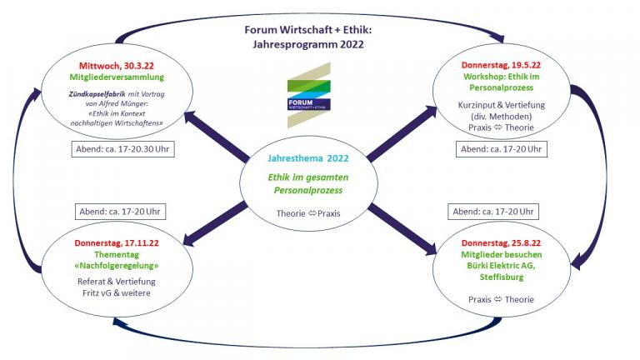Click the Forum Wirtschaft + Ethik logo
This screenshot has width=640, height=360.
coord(309,95)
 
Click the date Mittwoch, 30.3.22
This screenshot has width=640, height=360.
coord(117,66)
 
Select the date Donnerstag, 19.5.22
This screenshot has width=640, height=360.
coord(501,65)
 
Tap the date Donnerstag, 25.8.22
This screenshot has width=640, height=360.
coord(501,242)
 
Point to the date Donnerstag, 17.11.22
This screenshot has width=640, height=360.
coord(117,242)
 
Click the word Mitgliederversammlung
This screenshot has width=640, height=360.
coord(117,77)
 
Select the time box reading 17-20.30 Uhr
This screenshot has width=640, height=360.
coord(122,149)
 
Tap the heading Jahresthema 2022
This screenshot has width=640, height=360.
coord(308,158)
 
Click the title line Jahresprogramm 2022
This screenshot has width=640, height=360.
coord(308,44)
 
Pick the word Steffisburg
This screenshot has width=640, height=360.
coord(501,277)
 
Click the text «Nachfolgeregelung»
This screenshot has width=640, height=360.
coord(117,266)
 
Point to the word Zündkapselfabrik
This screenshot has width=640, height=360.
coord(97,94)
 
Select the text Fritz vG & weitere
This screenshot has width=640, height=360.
coord(117,293)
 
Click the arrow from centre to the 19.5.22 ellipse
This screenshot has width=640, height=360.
coord(402,132)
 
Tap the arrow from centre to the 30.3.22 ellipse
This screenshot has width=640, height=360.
coord(217,137)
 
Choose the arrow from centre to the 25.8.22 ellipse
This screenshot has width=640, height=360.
coord(402,230)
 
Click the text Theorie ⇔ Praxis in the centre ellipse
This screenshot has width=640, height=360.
coord(308,213)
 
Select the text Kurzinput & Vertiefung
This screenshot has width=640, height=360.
coord(501,105)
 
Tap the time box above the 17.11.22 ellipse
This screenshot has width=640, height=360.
coord(120,212)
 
